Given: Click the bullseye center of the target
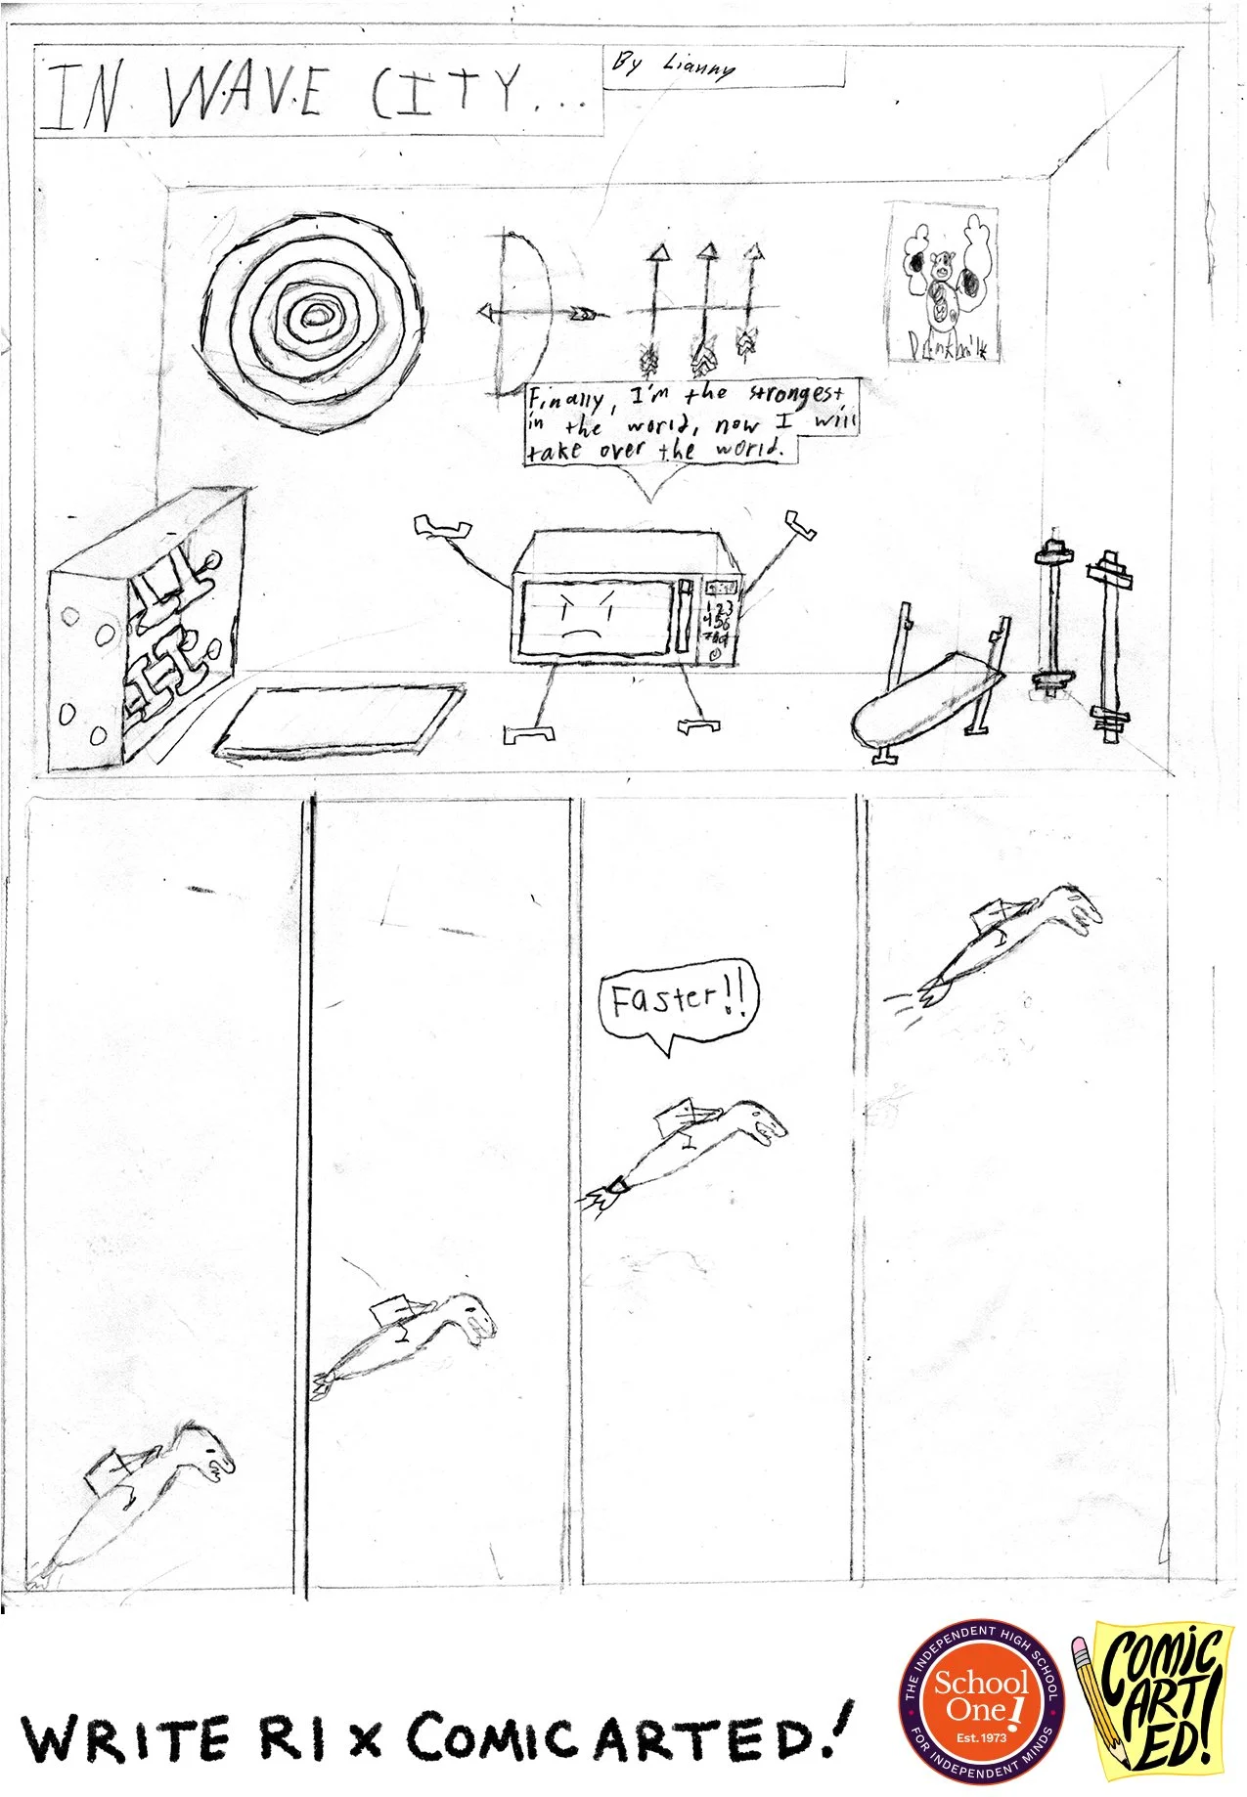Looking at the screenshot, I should coord(315,315).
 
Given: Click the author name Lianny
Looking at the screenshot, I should coord(698,66).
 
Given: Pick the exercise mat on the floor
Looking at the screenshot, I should coord(339,719).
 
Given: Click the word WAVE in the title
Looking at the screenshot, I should coord(245,96).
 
